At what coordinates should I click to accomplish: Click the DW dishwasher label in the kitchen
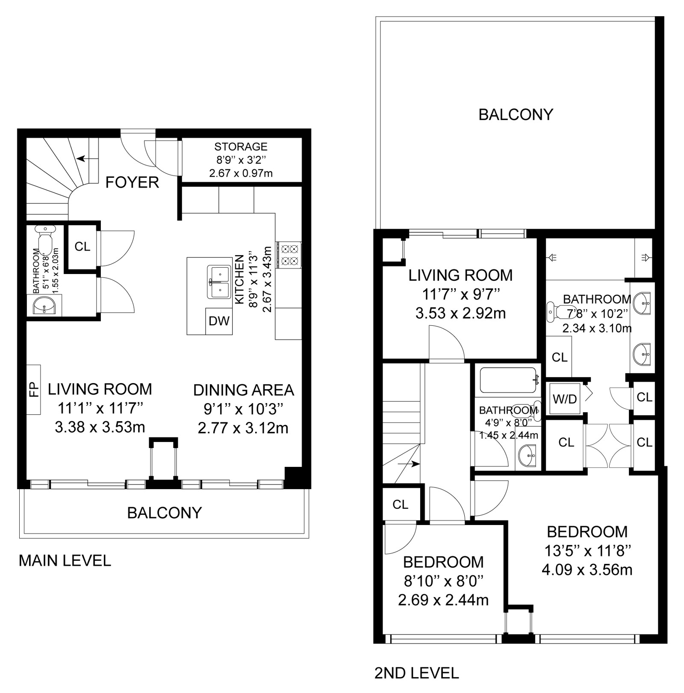[x=219, y=321]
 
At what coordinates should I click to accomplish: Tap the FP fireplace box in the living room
[x=34, y=389]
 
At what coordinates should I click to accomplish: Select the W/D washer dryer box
[x=565, y=399]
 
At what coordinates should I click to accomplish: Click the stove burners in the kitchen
[x=289, y=255]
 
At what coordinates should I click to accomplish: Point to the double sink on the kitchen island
[x=219, y=282]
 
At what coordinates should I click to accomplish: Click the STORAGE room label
[x=241, y=147]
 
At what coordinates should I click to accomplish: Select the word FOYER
[x=132, y=183]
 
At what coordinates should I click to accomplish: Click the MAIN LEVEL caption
[x=65, y=560]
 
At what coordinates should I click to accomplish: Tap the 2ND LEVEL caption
[x=417, y=673]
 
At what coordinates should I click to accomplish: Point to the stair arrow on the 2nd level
[x=409, y=463]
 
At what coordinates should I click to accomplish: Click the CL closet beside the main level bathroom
[x=83, y=246]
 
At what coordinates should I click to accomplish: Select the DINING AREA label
[x=244, y=390]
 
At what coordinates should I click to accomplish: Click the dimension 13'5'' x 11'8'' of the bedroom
[x=587, y=551]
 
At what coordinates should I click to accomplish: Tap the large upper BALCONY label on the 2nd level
[x=516, y=115]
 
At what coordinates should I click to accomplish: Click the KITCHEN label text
[x=239, y=280]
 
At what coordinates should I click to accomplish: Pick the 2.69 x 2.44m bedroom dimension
[x=443, y=600]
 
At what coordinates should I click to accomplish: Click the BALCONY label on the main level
[x=165, y=513]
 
